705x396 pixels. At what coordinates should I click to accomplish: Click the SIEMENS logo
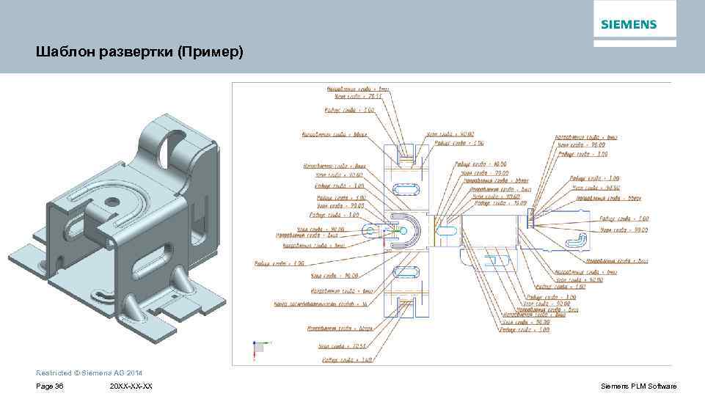point(629,24)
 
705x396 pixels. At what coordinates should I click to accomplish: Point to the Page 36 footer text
point(49,386)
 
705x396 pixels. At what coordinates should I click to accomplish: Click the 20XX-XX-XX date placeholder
point(131,386)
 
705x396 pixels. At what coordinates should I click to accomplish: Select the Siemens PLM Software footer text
point(638,386)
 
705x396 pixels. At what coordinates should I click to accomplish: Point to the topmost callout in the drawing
point(362,89)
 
